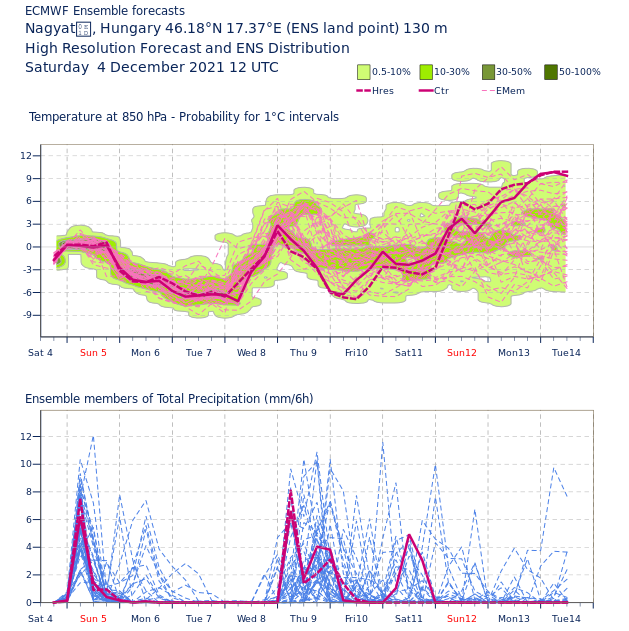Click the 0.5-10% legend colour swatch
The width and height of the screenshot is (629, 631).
coord(363,72)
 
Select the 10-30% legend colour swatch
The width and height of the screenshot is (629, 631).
coord(426,72)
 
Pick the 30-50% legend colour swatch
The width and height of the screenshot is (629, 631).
coord(488,72)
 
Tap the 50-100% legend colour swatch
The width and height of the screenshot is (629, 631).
coord(551,72)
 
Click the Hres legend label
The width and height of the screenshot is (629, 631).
coord(383,91)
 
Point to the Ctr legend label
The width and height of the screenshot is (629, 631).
coord(441,91)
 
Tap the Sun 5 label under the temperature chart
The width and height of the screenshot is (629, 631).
coord(93,353)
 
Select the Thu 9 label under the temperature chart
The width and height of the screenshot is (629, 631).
coord(303,353)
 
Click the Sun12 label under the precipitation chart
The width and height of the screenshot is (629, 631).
coord(462,619)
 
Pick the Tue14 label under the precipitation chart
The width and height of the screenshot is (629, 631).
coord(566,619)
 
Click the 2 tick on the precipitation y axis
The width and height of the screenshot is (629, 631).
coord(29,575)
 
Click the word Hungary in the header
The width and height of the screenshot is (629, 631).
coord(118,29)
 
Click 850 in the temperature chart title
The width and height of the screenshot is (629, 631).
coord(135,117)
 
